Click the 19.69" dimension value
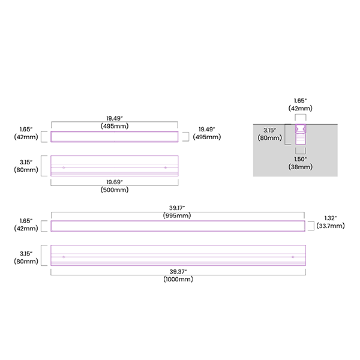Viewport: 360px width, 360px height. (115, 182)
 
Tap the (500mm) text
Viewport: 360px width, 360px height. (115, 190)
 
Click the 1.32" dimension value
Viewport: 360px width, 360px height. (330, 218)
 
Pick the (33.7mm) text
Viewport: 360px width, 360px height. (330, 226)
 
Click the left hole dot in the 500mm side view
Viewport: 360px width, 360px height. (64, 167)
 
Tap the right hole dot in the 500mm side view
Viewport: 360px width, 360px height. (165, 167)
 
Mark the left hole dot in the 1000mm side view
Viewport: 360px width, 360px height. (64, 257)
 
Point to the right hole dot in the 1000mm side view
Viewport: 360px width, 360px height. (293, 257)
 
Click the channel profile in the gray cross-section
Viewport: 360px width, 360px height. (300, 135)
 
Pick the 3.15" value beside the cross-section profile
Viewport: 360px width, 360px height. (268, 130)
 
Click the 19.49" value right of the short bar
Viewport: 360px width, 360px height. (206, 129)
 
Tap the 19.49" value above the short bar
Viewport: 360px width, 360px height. (115, 118)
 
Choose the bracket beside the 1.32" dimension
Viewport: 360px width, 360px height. (311, 225)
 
